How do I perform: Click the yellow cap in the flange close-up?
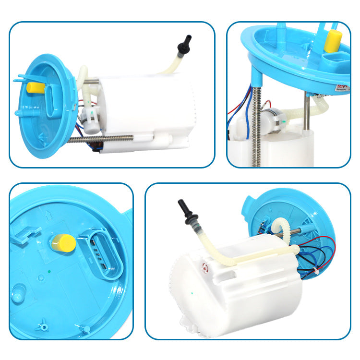[x=63, y=242]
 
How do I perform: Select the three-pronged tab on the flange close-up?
[x=43, y=326]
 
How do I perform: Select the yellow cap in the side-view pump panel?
[x=36, y=87]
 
